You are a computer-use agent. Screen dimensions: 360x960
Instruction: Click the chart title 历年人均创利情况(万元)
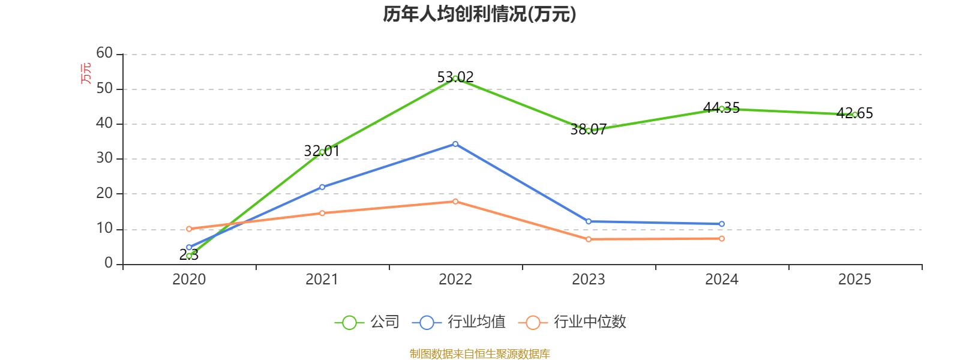[x=479, y=14]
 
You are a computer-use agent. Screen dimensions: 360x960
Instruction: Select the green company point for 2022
[x=455, y=79]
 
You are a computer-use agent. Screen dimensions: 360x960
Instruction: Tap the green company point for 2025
[x=854, y=115]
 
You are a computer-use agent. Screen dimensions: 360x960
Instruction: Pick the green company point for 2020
[x=189, y=256]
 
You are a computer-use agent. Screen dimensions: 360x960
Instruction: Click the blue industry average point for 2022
[x=455, y=144]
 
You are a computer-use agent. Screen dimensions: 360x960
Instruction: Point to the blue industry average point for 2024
[x=721, y=224]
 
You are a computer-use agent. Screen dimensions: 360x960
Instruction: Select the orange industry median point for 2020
[x=189, y=229]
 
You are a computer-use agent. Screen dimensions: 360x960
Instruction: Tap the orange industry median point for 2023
[x=589, y=239]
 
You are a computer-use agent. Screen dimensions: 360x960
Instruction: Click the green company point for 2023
[x=589, y=131]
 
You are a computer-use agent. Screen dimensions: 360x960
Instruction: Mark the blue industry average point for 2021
[x=322, y=187]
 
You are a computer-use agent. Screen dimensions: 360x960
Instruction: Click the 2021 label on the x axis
[x=322, y=280]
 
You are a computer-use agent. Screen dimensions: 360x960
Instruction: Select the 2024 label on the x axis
[x=721, y=280]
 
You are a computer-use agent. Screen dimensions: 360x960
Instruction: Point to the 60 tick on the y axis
[x=104, y=53]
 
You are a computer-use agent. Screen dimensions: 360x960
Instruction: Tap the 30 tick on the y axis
[x=104, y=158]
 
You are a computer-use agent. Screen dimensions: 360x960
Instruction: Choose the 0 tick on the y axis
[x=108, y=263]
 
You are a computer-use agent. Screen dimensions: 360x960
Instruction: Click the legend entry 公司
[x=367, y=322]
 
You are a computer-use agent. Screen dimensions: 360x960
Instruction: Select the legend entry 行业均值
[x=459, y=322]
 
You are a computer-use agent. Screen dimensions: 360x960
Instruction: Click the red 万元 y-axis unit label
[x=86, y=73]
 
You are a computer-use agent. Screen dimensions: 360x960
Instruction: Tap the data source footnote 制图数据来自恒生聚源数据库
[x=479, y=354]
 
